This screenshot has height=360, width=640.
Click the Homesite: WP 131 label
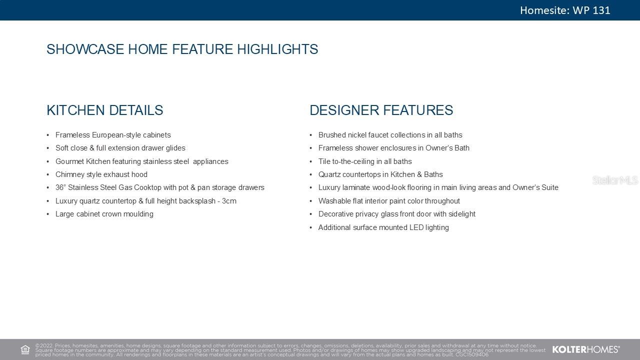tap(565, 10)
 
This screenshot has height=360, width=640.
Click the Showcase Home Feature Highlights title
tap(182, 49)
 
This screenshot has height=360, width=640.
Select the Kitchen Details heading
tap(105, 110)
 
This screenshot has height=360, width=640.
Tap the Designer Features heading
tap(381, 110)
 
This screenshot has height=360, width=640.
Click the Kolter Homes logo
tap(585, 349)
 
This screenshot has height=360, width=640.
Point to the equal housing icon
tap(25, 349)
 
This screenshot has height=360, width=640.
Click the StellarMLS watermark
tap(615, 180)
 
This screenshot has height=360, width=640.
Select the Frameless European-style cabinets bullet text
tap(113, 135)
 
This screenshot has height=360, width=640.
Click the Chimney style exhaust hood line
tap(101, 174)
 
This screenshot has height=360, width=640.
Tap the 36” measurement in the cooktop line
tap(59, 187)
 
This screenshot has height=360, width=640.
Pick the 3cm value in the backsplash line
tap(229, 201)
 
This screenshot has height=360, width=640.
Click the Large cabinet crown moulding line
tap(104, 214)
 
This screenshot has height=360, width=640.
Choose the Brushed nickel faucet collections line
tap(390, 135)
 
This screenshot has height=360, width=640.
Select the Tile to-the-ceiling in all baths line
tap(365, 161)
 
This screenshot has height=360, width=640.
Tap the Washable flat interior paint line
tap(389, 201)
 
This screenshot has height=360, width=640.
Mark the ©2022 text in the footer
tap(44, 345)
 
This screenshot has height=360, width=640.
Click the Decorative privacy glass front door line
tap(397, 214)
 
